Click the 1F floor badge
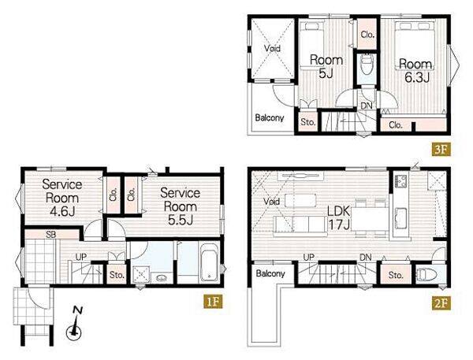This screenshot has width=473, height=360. coord(213,302)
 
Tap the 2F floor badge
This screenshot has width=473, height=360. coord(441,302)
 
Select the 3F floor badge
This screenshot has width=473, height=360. coord(441,150)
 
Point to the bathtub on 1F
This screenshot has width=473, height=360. coord(210,262)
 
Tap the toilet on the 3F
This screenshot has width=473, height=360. coord(367,64)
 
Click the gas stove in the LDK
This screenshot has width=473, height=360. coord(400,181)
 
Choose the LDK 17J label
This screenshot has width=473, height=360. coord(338,217)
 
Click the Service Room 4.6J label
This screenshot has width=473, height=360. coord(61,198)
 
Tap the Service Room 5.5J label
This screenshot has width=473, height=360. coord(180,206)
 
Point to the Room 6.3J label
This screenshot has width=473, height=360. coord(416,71)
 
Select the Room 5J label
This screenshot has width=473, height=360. coord(326,66)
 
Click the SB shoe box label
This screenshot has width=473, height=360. coord(51,234)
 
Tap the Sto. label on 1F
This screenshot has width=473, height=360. coord(117,275)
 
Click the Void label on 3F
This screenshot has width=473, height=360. coord(272,48)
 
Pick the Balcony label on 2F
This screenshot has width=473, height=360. coord(270,273)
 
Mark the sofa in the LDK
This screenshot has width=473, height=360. coord(300,225)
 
